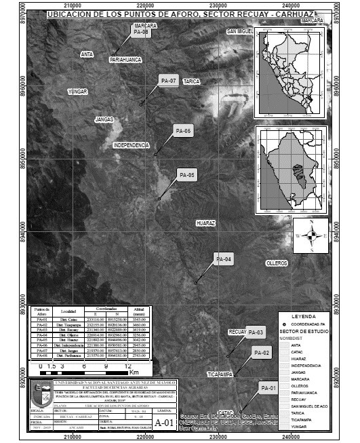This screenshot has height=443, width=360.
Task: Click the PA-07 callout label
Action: click(x=168, y=81)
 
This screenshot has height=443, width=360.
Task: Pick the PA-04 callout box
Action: click(x=224, y=260)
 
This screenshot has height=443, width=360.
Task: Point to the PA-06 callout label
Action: click(x=184, y=130)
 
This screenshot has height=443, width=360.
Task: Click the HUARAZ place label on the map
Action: click(x=205, y=223)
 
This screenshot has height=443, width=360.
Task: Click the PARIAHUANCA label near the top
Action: click(x=125, y=60)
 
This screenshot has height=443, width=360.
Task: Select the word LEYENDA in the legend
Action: click(x=302, y=317)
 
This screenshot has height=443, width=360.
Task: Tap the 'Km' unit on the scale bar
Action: click(x=134, y=373)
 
